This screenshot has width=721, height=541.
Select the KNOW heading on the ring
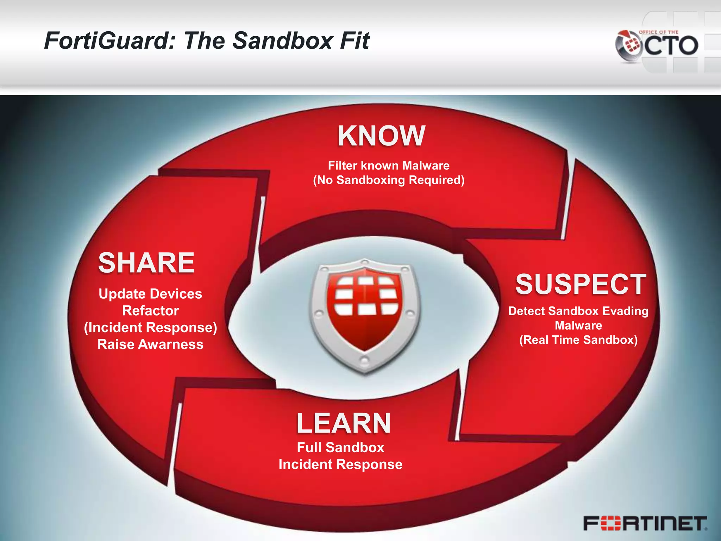pyautogui.click(x=382, y=136)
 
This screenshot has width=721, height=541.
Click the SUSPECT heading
pyautogui.click(x=581, y=284)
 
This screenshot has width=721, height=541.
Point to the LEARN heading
pyautogui.click(x=344, y=423)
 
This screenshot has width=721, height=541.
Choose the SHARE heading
pyautogui.click(x=146, y=263)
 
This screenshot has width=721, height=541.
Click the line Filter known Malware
pyautogui.click(x=389, y=166)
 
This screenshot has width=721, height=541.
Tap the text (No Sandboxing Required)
pyautogui.click(x=389, y=180)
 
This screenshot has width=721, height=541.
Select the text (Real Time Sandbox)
pyautogui.click(x=578, y=340)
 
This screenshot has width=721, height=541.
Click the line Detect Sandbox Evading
pyautogui.click(x=578, y=311)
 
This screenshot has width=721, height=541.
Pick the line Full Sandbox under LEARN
pyautogui.click(x=340, y=447)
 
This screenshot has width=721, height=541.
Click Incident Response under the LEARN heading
pyautogui.click(x=340, y=464)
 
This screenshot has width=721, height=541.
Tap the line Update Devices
pyautogui.click(x=150, y=294)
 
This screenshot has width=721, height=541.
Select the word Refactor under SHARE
pyautogui.click(x=150, y=311)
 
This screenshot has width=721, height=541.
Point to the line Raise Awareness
pyautogui.click(x=150, y=344)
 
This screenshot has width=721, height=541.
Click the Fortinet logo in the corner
pyautogui.click(x=645, y=523)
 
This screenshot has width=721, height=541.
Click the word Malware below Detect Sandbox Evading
pyautogui.click(x=578, y=325)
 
